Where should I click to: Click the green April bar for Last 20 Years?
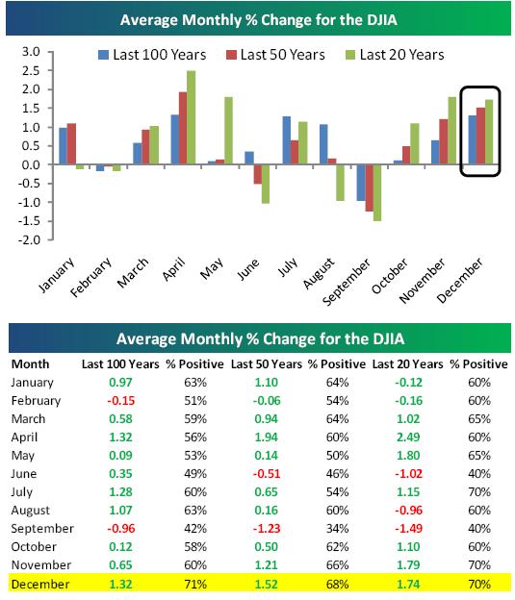point(191,117)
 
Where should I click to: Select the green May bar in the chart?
point(228,131)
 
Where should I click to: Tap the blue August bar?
point(323,144)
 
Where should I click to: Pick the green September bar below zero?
point(377,193)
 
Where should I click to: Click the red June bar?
point(258,174)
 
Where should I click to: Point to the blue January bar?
point(63,146)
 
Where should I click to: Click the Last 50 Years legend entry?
point(275,55)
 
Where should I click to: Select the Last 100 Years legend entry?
point(152,55)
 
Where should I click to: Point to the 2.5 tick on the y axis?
point(31,70)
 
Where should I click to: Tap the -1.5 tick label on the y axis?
point(29,221)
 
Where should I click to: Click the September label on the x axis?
point(347,282)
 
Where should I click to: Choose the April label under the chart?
point(173,269)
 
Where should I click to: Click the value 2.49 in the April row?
point(408,437)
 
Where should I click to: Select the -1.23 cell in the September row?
point(267,529)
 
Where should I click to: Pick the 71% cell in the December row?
point(195,585)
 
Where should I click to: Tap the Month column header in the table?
point(30,363)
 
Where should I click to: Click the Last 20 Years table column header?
point(408,363)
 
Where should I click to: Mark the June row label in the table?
point(23,474)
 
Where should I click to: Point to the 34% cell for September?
point(338,529)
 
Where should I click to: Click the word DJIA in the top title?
point(381,20)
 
